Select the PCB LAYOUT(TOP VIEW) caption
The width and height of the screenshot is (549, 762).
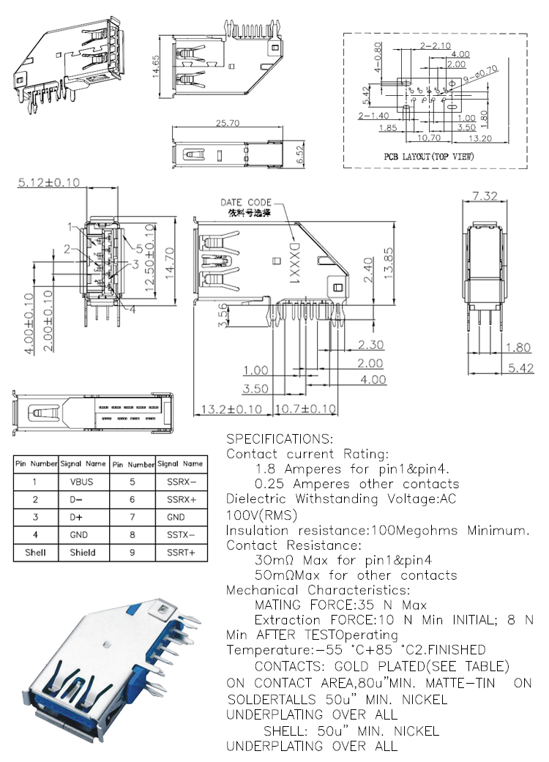click(429, 157)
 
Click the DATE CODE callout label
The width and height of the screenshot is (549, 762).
click(246, 202)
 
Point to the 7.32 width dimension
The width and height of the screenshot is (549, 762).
click(485, 195)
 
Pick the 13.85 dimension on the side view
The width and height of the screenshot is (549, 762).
click(389, 269)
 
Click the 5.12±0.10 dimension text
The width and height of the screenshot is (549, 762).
click(48, 182)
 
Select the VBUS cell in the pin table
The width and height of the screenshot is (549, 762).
click(82, 482)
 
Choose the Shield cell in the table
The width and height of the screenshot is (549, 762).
click(83, 553)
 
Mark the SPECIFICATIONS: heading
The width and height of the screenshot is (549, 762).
click(279, 439)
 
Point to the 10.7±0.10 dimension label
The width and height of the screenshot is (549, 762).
click(306, 408)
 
